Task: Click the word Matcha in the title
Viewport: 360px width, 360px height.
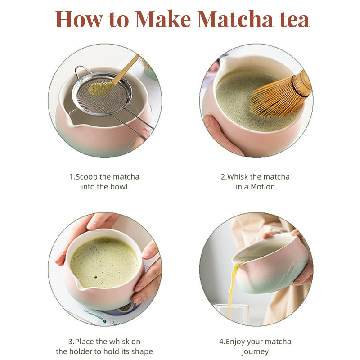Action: pos(234,19)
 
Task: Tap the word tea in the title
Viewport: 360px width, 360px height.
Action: pos(293,19)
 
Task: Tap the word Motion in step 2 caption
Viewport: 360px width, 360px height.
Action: pos(263,186)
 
